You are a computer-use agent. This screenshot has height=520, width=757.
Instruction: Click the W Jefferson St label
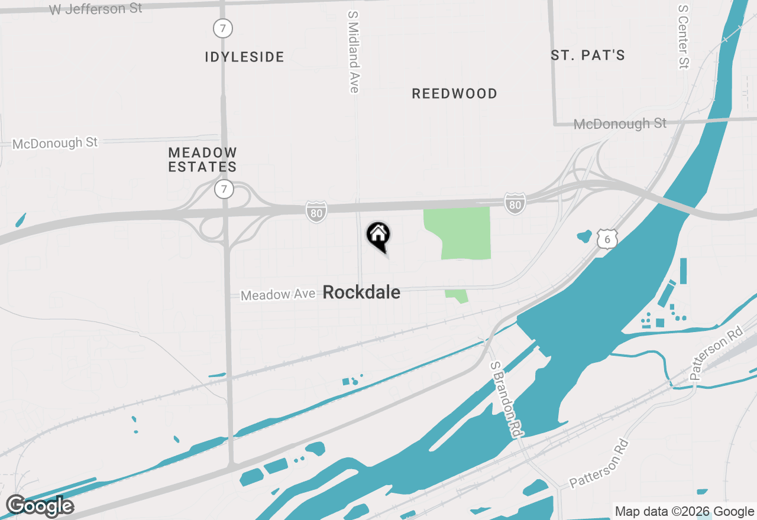[96, 9]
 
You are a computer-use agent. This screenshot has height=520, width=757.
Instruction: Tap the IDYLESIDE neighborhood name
[244, 57]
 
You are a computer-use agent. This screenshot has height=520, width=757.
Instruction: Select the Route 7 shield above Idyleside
[223, 28]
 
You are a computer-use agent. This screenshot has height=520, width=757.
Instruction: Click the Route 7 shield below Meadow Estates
[224, 190]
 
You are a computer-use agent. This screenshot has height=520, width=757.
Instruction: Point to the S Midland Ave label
[354, 51]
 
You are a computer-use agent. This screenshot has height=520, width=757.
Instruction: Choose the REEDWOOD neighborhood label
[454, 93]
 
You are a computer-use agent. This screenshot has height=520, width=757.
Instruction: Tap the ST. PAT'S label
[588, 55]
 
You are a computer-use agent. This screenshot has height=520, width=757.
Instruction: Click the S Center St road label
[684, 37]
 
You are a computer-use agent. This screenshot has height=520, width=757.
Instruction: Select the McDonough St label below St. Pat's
[620, 123]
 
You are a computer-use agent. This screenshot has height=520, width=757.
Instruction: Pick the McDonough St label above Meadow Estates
[55, 143]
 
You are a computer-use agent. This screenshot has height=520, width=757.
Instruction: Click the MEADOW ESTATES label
[202, 160]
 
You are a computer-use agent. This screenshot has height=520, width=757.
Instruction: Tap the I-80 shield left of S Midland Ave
[316, 212]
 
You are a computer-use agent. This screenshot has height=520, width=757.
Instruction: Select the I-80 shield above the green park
[515, 203]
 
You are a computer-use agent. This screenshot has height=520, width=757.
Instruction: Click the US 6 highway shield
[607, 239]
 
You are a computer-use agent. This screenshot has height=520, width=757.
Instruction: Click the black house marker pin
[378, 236]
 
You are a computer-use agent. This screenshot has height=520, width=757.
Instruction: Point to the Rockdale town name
[361, 292]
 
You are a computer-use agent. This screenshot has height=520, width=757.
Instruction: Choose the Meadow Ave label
[278, 294]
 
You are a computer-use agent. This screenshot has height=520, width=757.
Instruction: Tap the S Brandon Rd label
[507, 399]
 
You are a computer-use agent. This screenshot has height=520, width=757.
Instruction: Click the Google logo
[40, 506]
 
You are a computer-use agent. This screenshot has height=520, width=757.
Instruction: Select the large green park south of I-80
[464, 232]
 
